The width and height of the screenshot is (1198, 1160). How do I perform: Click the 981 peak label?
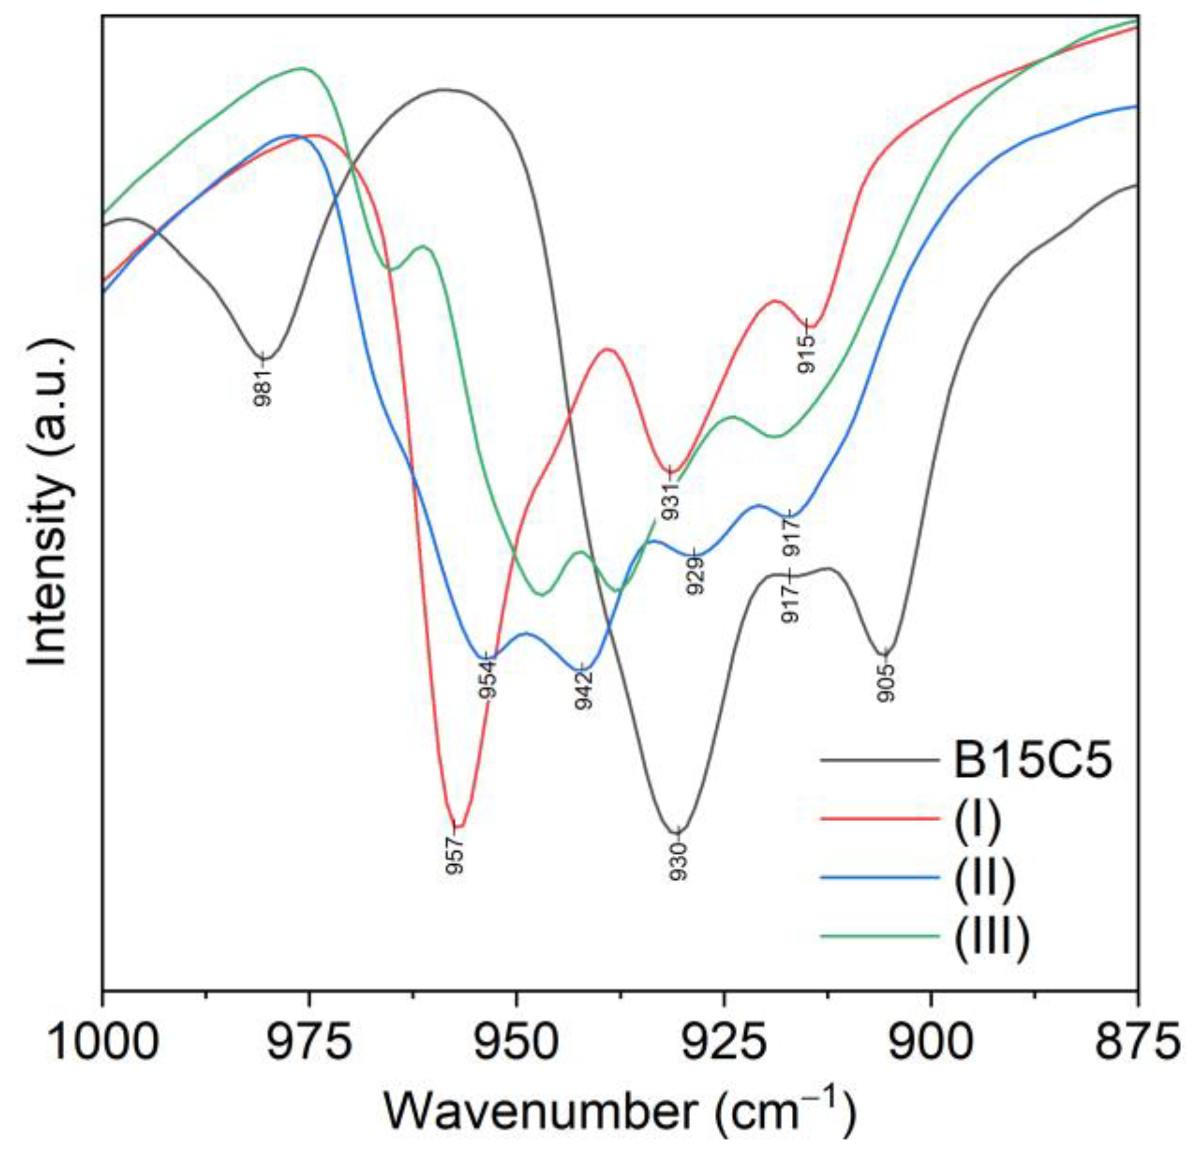point(263,387)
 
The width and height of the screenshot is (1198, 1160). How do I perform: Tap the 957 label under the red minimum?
point(456,854)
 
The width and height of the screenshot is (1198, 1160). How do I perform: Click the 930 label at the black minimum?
point(679,861)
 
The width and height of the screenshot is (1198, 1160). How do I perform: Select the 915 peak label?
point(807,354)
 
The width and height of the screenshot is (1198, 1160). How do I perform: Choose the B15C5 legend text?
point(1033,762)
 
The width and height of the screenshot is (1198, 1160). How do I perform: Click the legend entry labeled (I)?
point(977,820)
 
